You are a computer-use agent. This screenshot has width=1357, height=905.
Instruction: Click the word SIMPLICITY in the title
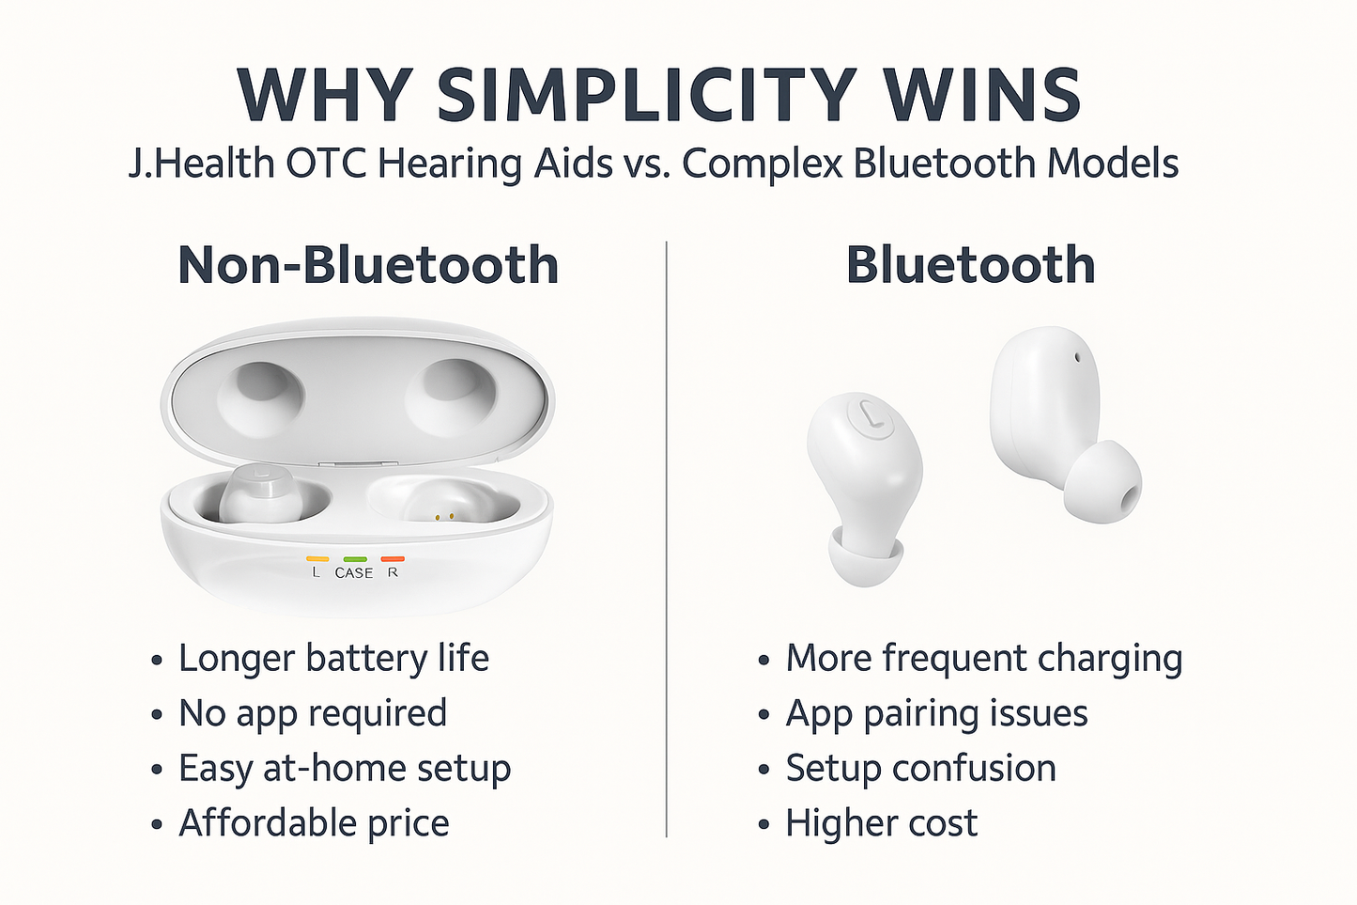pyautogui.click(x=645, y=96)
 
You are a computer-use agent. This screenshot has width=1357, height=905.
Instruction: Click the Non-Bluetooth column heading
pyautogui.click(x=368, y=265)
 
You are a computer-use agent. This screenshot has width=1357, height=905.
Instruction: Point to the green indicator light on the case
pyautogui.click(x=354, y=558)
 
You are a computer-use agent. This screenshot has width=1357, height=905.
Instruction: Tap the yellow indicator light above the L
pyautogui.click(x=316, y=558)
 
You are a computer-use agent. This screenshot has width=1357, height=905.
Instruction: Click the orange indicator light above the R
pyautogui.click(x=393, y=558)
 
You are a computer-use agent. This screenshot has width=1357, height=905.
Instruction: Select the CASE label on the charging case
pyautogui.click(x=354, y=572)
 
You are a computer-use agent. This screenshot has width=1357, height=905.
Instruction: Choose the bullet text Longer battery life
pyautogui.click(x=333, y=659)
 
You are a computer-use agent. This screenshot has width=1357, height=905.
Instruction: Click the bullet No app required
pyautogui.click(x=313, y=713)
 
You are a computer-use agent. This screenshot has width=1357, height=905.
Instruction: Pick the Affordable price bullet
pyautogui.click(x=314, y=823)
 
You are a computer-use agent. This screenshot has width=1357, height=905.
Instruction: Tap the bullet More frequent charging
pyautogui.click(x=983, y=659)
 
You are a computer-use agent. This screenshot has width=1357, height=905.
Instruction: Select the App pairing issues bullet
pyautogui.click(x=936, y=713)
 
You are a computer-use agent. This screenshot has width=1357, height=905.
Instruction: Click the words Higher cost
pyautogui.click(x=881, y=823)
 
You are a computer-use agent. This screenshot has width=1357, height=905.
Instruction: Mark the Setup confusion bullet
pyautogui.click(x=920, y=768)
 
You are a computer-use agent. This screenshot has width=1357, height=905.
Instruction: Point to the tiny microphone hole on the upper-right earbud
pyautogui.click(x=1076, y=357)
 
